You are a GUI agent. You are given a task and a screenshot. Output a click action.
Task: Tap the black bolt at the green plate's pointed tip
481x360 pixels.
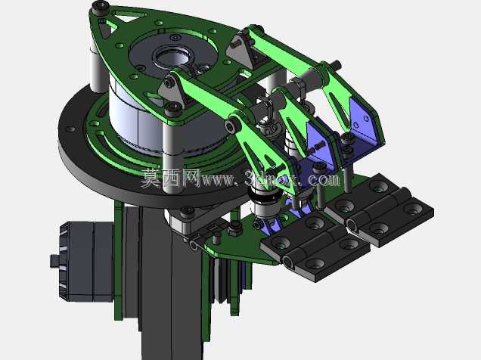101,6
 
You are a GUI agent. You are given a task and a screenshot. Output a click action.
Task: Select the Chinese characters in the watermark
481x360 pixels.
171,178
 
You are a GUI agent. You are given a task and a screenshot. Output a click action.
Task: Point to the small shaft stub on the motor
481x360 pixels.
54,261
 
